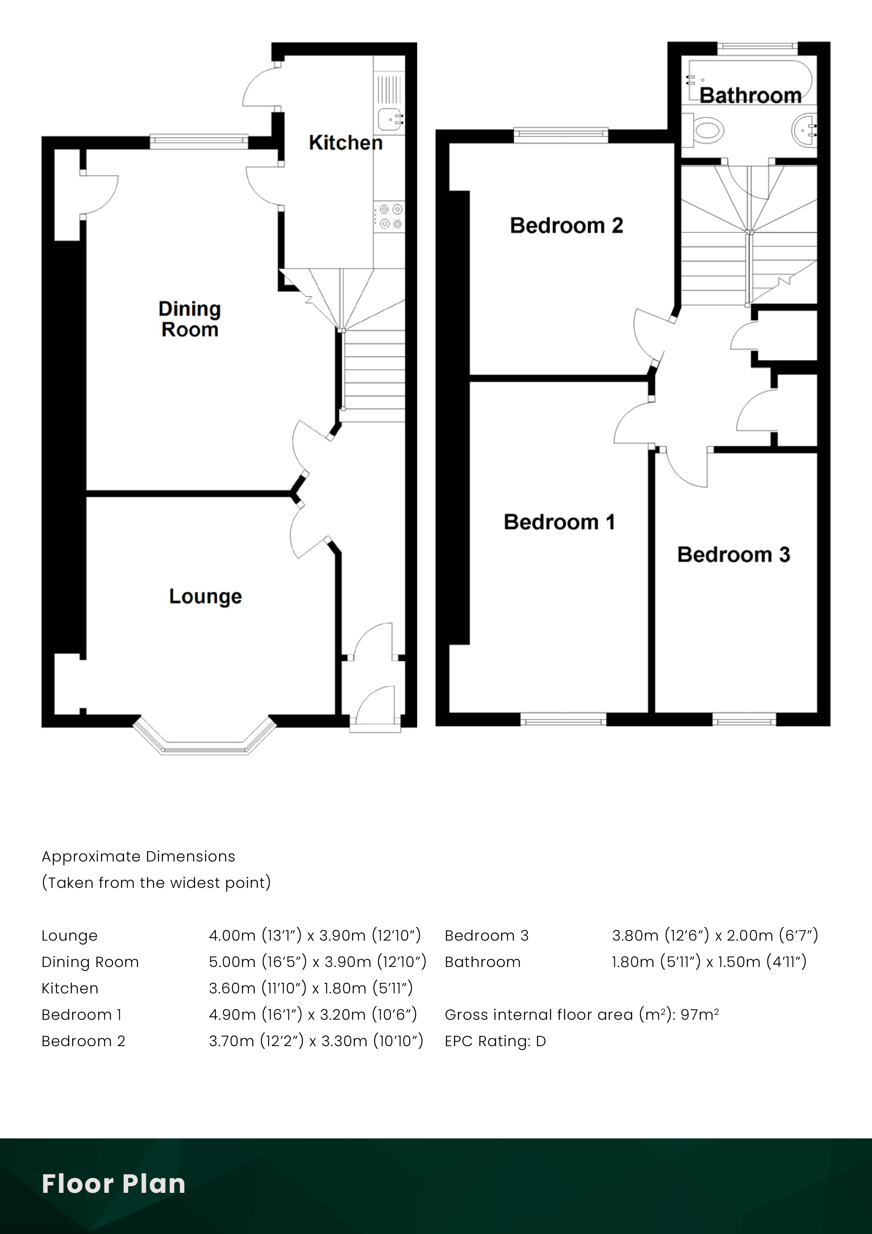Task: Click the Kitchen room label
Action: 346,143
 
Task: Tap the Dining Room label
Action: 190,319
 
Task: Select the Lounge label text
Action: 205,597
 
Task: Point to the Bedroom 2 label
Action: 566,226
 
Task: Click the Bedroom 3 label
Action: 733,555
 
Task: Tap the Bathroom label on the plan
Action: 750,96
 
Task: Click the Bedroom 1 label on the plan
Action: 559,522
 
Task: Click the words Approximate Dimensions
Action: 138,857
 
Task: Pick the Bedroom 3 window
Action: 744,719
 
